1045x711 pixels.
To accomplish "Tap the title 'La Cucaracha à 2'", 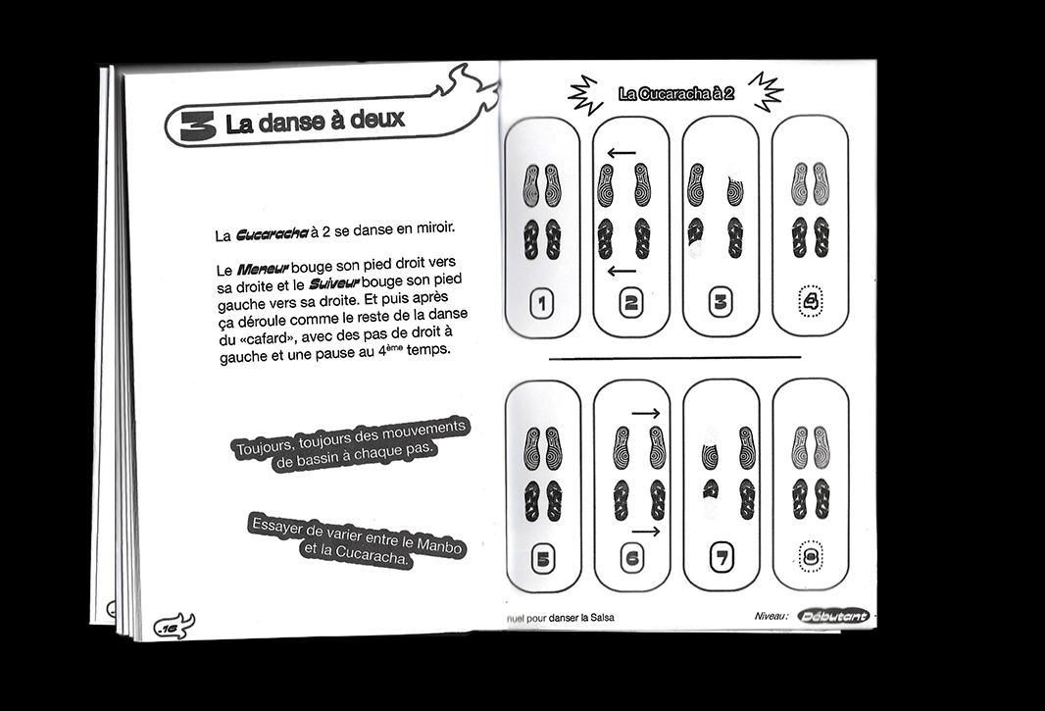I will [x=676, y=94].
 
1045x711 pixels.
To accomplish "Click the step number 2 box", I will [x=630, y=303].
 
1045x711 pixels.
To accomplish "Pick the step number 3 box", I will [x=721, y=302].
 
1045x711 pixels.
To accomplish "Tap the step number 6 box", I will [x=631, y=560].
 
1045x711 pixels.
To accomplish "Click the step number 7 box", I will [x=722, y=560].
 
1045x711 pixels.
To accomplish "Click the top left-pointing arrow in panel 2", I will [x=621, y=153].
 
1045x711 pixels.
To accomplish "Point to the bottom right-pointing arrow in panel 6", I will [x=645, y=532].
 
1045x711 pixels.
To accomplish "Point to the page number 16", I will [x=170, y=626].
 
